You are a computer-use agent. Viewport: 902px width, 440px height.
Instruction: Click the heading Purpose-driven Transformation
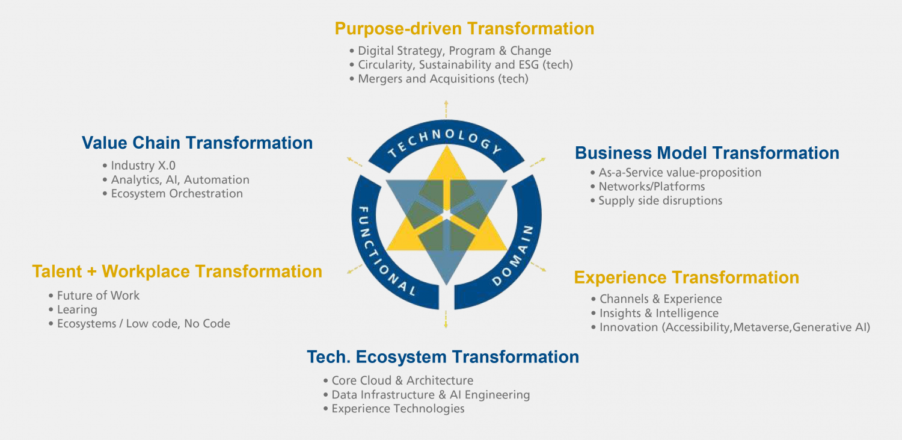pyautogui.click(x=464, y=28)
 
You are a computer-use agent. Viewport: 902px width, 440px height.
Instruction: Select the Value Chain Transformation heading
pyautogui.click(x=197, y=143)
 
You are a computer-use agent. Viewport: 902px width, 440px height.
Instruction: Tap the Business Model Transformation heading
pyautogui.click(x=707, y=153)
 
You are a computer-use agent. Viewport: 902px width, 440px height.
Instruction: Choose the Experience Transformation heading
pyautogui.click(x=686, y=277)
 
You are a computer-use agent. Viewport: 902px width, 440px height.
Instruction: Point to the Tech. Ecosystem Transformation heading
pyautogui.click(x=443, y=357)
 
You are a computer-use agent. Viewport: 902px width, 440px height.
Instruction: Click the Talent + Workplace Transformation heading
pyautogui.click(x=177, y=271)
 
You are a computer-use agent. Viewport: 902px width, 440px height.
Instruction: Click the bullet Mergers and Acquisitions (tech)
pyautogui.click(x=443, y=79)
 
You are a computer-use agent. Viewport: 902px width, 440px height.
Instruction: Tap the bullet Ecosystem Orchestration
pyautogui.click(x=177, y=194)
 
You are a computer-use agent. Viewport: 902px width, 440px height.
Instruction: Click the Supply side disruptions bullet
pyautogui.click(x=660, y=201)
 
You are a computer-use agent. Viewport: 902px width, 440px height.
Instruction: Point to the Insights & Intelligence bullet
pyautogui.click(x=658, y=313)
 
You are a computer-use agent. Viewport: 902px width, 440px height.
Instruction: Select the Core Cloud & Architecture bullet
pyautogui.click(x=402, y=380)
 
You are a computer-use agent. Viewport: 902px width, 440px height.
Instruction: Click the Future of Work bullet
pyautogui.click(x=98, y=296)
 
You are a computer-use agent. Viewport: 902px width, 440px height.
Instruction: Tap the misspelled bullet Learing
pyautogui.click(x=77, y=310)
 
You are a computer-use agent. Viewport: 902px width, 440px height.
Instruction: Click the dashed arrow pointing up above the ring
pyautogui.click(x=446, y=110)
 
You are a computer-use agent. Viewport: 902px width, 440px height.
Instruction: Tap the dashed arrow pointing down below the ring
pyautogui.click(x=446, y=319)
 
